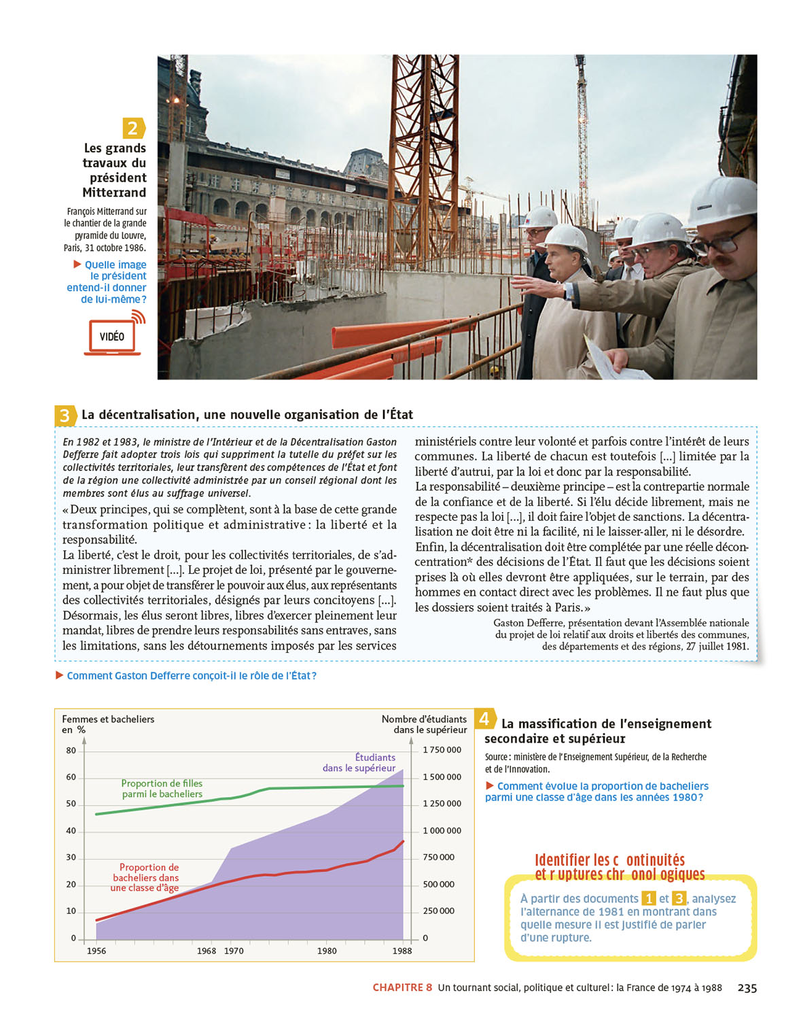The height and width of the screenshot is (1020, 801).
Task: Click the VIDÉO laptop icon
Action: click(112, 337)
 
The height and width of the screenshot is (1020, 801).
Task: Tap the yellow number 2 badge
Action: click(133, 128)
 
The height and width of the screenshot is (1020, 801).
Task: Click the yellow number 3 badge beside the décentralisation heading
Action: click(65, 415)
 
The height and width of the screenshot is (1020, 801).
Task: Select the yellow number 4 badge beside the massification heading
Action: click(484, 719)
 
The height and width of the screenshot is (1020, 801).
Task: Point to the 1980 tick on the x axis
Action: click(327, 951)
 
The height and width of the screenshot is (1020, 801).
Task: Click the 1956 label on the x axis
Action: click(96, 951)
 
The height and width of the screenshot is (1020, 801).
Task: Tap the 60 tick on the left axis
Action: click(71, 777)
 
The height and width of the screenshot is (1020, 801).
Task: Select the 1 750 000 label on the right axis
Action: click(442, 750)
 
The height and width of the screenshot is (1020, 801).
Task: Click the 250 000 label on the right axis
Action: click(438, 911)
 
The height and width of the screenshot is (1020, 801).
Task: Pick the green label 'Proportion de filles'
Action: click(162, 789)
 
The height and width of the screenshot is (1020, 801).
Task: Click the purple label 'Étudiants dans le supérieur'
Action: click(360, 762)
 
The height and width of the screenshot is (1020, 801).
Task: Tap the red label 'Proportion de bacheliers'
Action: click(146, 877)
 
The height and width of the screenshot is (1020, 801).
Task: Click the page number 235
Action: click(747, 988)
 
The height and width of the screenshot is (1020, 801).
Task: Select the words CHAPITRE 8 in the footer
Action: click(402, 988)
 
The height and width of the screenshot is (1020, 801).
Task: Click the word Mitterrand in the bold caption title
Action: click(114, 192)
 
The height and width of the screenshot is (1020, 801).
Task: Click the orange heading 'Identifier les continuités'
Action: click(609, 860)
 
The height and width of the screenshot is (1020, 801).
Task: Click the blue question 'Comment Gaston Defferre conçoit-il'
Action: click(191, 676)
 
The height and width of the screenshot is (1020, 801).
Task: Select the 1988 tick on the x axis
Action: click(402, 951)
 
